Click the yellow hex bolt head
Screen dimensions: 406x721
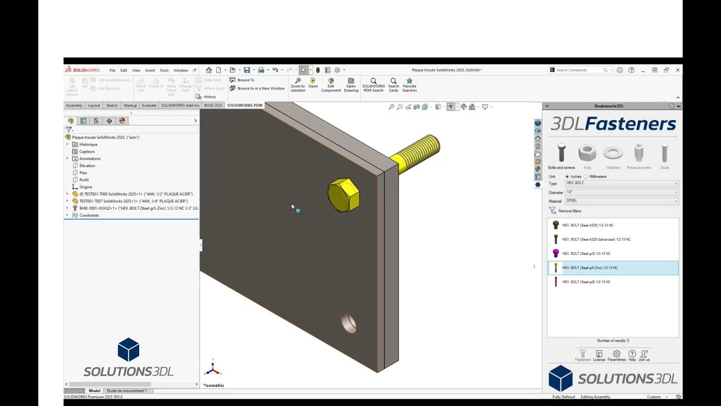click(x=343, y=195)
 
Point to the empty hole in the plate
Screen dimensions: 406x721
click(x=349, y=324)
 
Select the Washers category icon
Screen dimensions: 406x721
click(x=613, y=153)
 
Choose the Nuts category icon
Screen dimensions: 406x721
click(x=587, y=153)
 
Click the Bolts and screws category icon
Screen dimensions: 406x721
click(x=561, y=153)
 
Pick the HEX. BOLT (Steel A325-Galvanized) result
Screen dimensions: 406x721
click(x=596, y=240)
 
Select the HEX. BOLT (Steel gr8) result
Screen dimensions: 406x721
click(x=586, y=282)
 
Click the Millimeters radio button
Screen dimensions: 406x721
click(x=586, y=176)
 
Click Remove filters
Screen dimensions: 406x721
click(x=569, y=211)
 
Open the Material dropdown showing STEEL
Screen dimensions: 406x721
click(x=621, y=201)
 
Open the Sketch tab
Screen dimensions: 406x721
click(x=112, y=105)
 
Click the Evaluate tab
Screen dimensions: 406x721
click(x=149, y=105)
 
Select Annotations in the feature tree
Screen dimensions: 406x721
click(x=90, y=158)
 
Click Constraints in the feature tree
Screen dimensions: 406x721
click(x=89, y=215)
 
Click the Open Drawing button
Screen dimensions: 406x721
click(x=351, y=85)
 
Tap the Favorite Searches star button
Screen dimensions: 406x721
click(x=410, y=85)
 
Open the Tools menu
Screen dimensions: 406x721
click(x=164, y=70)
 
